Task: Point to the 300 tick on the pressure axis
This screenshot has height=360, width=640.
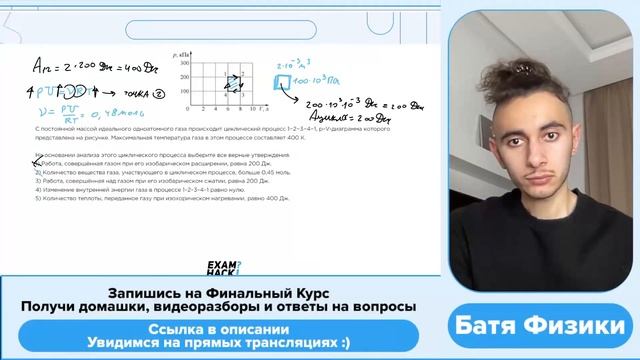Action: [186, 62]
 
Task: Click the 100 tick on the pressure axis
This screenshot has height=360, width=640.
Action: [186, 89]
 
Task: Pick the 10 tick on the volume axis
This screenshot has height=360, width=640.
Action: [254, 109]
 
